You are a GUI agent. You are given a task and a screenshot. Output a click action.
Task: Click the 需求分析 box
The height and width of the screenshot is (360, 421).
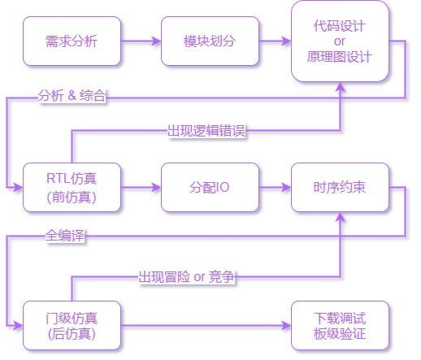coord(72,41)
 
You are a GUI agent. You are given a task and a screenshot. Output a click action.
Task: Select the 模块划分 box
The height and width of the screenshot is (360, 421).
coord(210,41)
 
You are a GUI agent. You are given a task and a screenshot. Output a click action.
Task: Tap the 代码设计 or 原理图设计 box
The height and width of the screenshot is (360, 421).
coord(340,41)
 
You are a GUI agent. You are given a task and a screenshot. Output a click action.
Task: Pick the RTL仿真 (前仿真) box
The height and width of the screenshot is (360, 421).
coord(72,187)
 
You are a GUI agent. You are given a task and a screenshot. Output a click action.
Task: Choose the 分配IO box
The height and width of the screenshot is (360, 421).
coord(210,187)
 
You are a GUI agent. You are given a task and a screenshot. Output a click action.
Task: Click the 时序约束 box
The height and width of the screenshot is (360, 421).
coord(340,187)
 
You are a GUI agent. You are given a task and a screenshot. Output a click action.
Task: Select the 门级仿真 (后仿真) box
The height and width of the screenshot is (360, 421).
coord(72,325)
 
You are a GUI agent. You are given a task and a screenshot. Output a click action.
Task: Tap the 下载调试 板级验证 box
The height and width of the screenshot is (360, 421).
coord(340,325)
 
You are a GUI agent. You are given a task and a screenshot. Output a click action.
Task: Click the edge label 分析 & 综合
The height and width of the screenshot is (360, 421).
coord(72,96)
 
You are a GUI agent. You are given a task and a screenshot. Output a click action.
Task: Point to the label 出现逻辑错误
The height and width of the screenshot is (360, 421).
coord(206,131)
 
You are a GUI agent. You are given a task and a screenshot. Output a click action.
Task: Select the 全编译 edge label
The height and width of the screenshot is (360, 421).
coord(65,236)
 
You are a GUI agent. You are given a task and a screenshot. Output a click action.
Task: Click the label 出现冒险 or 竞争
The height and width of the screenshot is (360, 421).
coord(186,277)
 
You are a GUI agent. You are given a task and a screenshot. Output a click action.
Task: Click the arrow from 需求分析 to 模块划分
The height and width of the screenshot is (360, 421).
coord(141,41)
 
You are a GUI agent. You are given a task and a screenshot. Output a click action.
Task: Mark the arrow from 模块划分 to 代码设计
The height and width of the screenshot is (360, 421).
coord(275,41)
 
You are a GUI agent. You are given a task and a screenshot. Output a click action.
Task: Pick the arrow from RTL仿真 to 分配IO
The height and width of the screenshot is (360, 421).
coord(141,187)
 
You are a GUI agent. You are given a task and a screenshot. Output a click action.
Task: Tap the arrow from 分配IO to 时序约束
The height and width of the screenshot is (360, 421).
coord(275,187)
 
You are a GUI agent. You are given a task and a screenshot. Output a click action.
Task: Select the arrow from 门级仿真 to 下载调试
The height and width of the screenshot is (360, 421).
coord(206,325)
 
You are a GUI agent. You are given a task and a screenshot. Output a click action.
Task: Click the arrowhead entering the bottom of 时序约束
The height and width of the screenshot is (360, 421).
coord(340,217)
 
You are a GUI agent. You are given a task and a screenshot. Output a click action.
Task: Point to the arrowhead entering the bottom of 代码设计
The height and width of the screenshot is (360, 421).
coord(340,87)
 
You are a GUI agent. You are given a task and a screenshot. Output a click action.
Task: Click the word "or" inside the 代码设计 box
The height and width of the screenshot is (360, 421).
coord(340,41)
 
